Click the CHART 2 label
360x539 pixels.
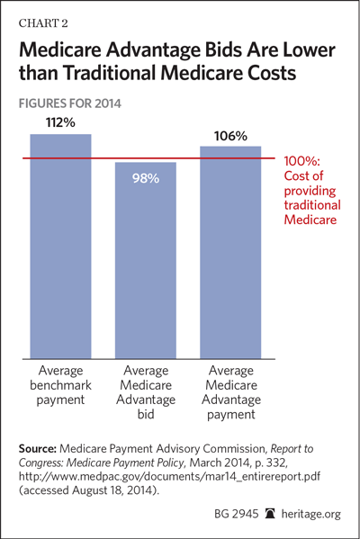pos(43,23)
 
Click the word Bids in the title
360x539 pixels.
pos(224,50)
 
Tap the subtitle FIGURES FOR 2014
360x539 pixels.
pos(70,103)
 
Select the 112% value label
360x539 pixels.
pos(60,122)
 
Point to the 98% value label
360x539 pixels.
pos(146,178)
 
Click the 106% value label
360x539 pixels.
pos(230,136)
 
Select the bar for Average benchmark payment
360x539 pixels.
pos(61,247)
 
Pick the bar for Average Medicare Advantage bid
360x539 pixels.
pos(146,261)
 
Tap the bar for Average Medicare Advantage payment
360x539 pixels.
pos(230,253)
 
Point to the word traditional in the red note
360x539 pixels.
pos(312,205)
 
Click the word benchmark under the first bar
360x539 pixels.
pos(60,385)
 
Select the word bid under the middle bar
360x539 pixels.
pos(146,414)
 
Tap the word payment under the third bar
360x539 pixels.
pos(231,415)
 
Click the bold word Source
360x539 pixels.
pos(38,449)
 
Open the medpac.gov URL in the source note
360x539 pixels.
pos(169,476)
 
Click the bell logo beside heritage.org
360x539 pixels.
pos(270,514)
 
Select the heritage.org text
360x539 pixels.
pos(311,514)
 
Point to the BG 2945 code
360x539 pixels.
pos(236,514)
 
